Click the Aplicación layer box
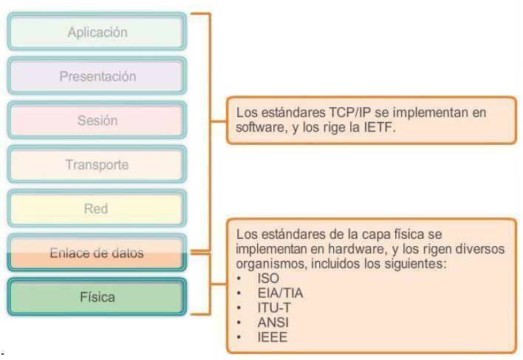point(97,33)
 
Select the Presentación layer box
point(97,76)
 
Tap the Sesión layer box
point(97,120)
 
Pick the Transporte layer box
point(97,164)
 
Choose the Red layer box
point(97,208)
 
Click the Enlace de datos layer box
point(97,252)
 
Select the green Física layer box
point(97,297)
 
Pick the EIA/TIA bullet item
point(280,293)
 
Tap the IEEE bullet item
point(273,337)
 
